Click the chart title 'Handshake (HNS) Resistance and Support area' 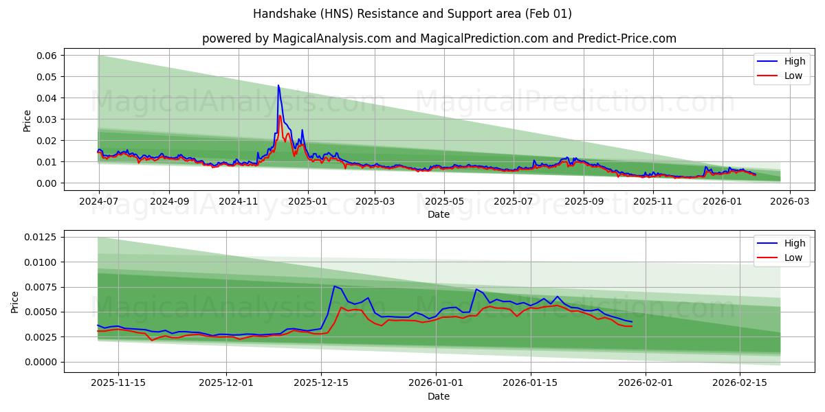click(x=412, y=14)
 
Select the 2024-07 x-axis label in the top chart click(x=99, y=201)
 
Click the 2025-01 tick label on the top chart click(x=307, y=201)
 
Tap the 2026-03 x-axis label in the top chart click(x=789, y=201)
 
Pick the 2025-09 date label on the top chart click(x=583, y=201)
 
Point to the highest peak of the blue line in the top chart click(x=278, y=86)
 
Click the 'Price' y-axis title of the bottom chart click(x=16, y=301)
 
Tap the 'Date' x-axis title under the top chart click(x=439, y=214)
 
